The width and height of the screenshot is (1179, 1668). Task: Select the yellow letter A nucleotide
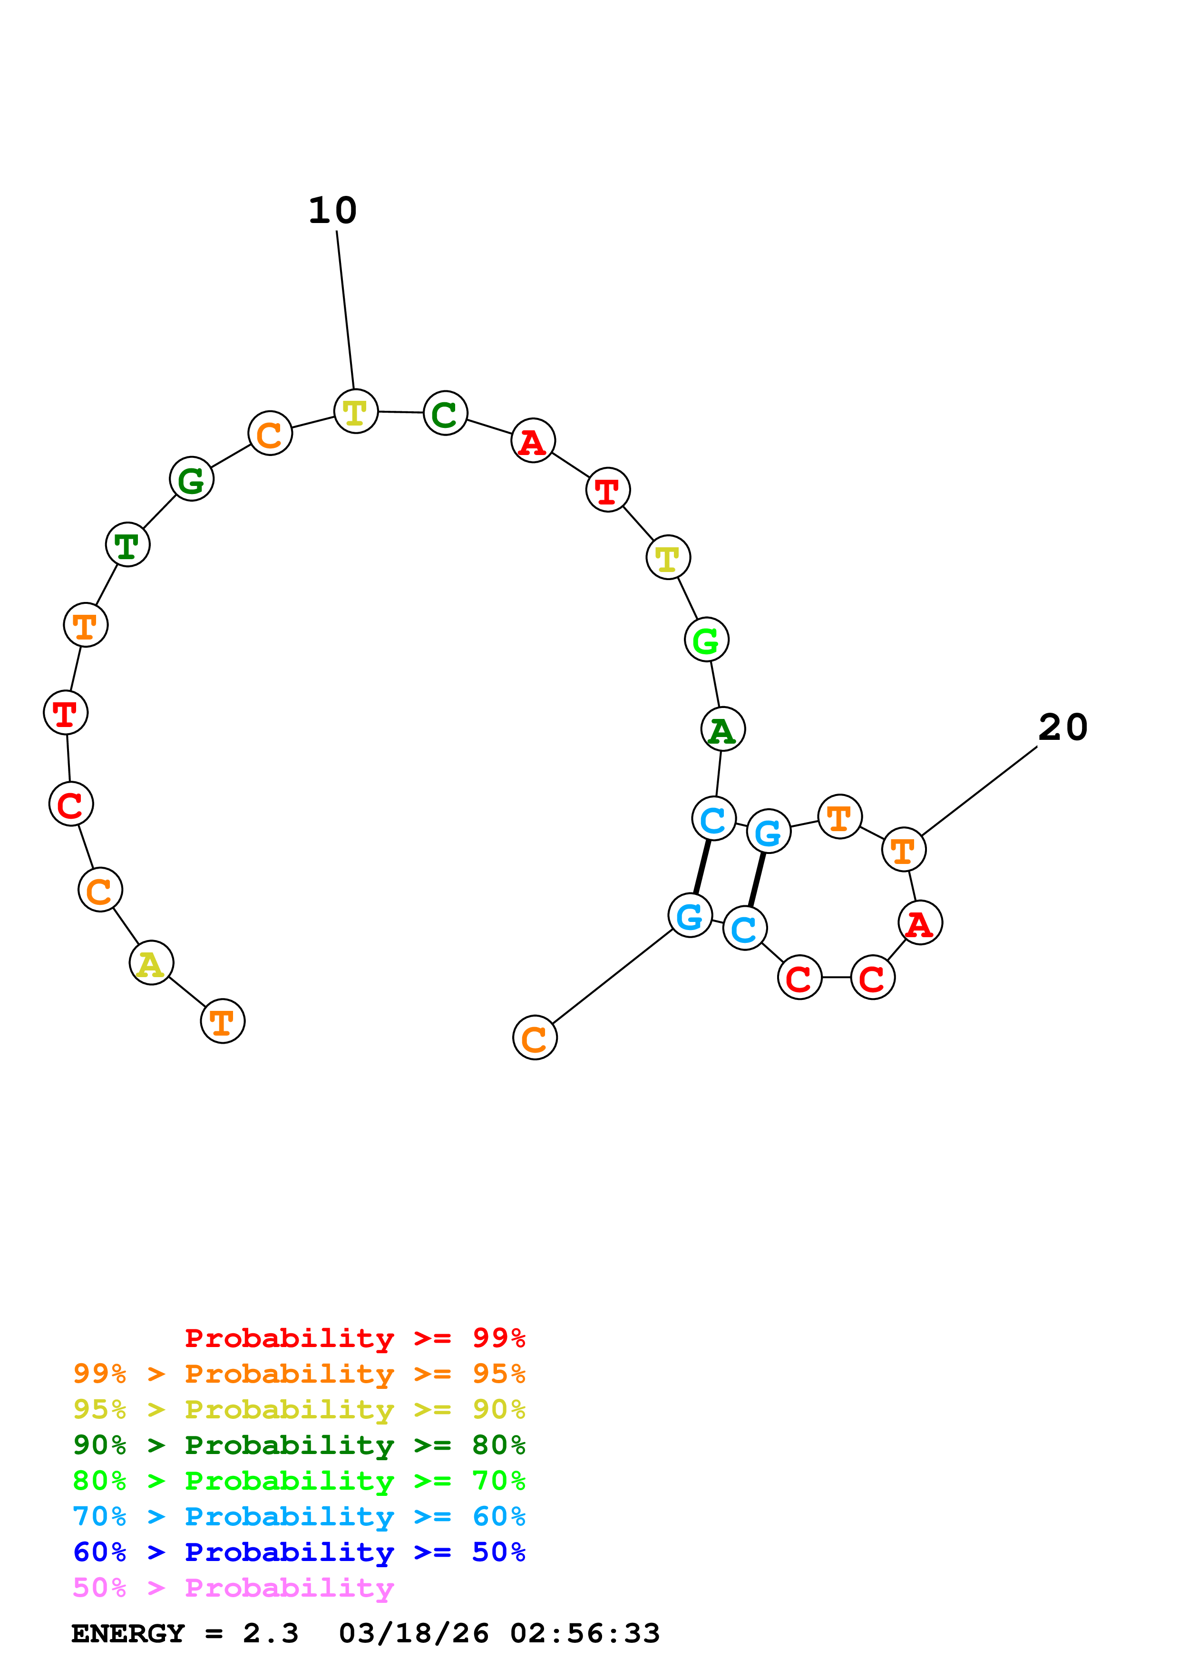click(x=151, y=963)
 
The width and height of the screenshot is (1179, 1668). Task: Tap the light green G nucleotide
click(x=706, y=640)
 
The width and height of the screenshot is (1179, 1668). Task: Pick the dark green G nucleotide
click(x=192, y=479)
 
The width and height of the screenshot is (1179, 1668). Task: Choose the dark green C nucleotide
click(x=445, y=413)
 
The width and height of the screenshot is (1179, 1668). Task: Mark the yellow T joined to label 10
click(x=356, y=412)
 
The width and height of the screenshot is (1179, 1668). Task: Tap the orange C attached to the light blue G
click(x=535, y=1038)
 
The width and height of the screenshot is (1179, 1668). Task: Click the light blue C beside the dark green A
click(x=713, y=819)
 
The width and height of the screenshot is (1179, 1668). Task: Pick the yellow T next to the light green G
click(x=668, y=558)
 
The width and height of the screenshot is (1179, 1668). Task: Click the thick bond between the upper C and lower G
click(x=702, y=867)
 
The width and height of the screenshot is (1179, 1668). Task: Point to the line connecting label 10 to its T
click(x=345, y=310)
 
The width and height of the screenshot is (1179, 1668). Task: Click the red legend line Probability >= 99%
click(x=354, y=1338)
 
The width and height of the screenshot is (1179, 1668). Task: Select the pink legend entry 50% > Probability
click(x=233, y=1588)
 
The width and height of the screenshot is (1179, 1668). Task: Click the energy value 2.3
click(x=270, y=1634)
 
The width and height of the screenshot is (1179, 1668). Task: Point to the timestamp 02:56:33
click(x=585, y=1634)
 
